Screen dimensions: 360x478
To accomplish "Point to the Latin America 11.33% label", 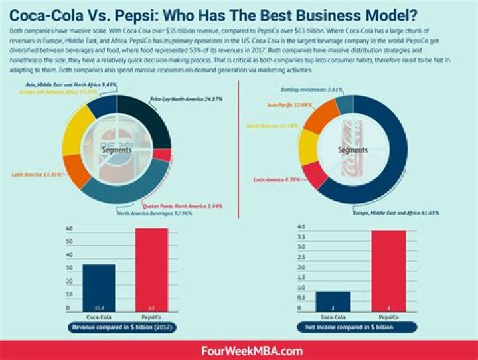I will tap(37, 175).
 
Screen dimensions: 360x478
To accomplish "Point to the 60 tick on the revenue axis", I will tap(68, 228).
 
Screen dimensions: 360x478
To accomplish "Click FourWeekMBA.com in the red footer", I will tap(238, 350).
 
